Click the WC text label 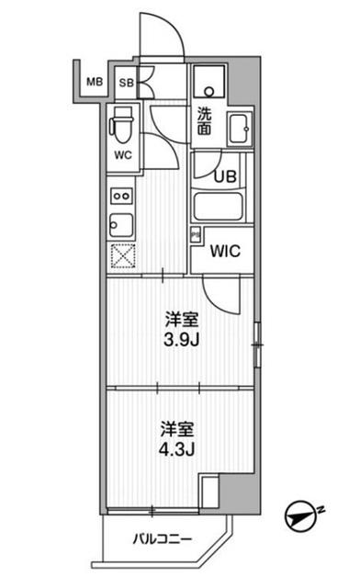pyautogui.click(x=123, y=154)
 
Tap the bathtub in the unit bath pyautogui.click(x=218, y=206)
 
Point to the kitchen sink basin pyautogui.click(x=122, y=224)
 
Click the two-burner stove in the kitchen pyautogui.click(x=122, y=196)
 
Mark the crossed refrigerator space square pyautogui.click(x=122, y=256)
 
